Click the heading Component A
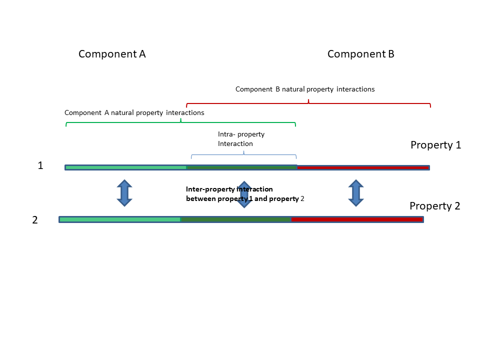(112, 54)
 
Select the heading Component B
(360, 54)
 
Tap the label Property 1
(435, 145)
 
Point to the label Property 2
(434, 206)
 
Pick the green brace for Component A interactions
(180, 122)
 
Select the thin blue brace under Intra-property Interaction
(243, 154)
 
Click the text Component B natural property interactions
(305, 89)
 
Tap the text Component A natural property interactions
(134, 112)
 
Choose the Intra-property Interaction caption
(241, 139)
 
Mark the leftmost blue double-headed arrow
(124, 193)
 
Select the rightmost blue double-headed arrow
(355, 193)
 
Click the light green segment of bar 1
(125, 167)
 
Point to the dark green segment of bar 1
(241, 167)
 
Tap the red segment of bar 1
(363, 167)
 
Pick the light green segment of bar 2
(120, 219)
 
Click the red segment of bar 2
(357, 219)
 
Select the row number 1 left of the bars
(40, 165)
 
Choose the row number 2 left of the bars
(34, 220)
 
